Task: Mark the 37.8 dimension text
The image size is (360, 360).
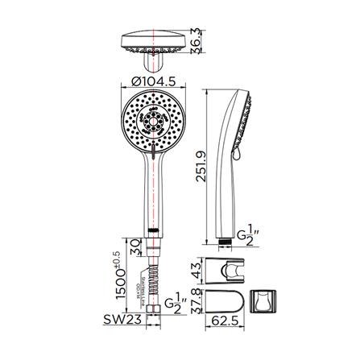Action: pos(197,301)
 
